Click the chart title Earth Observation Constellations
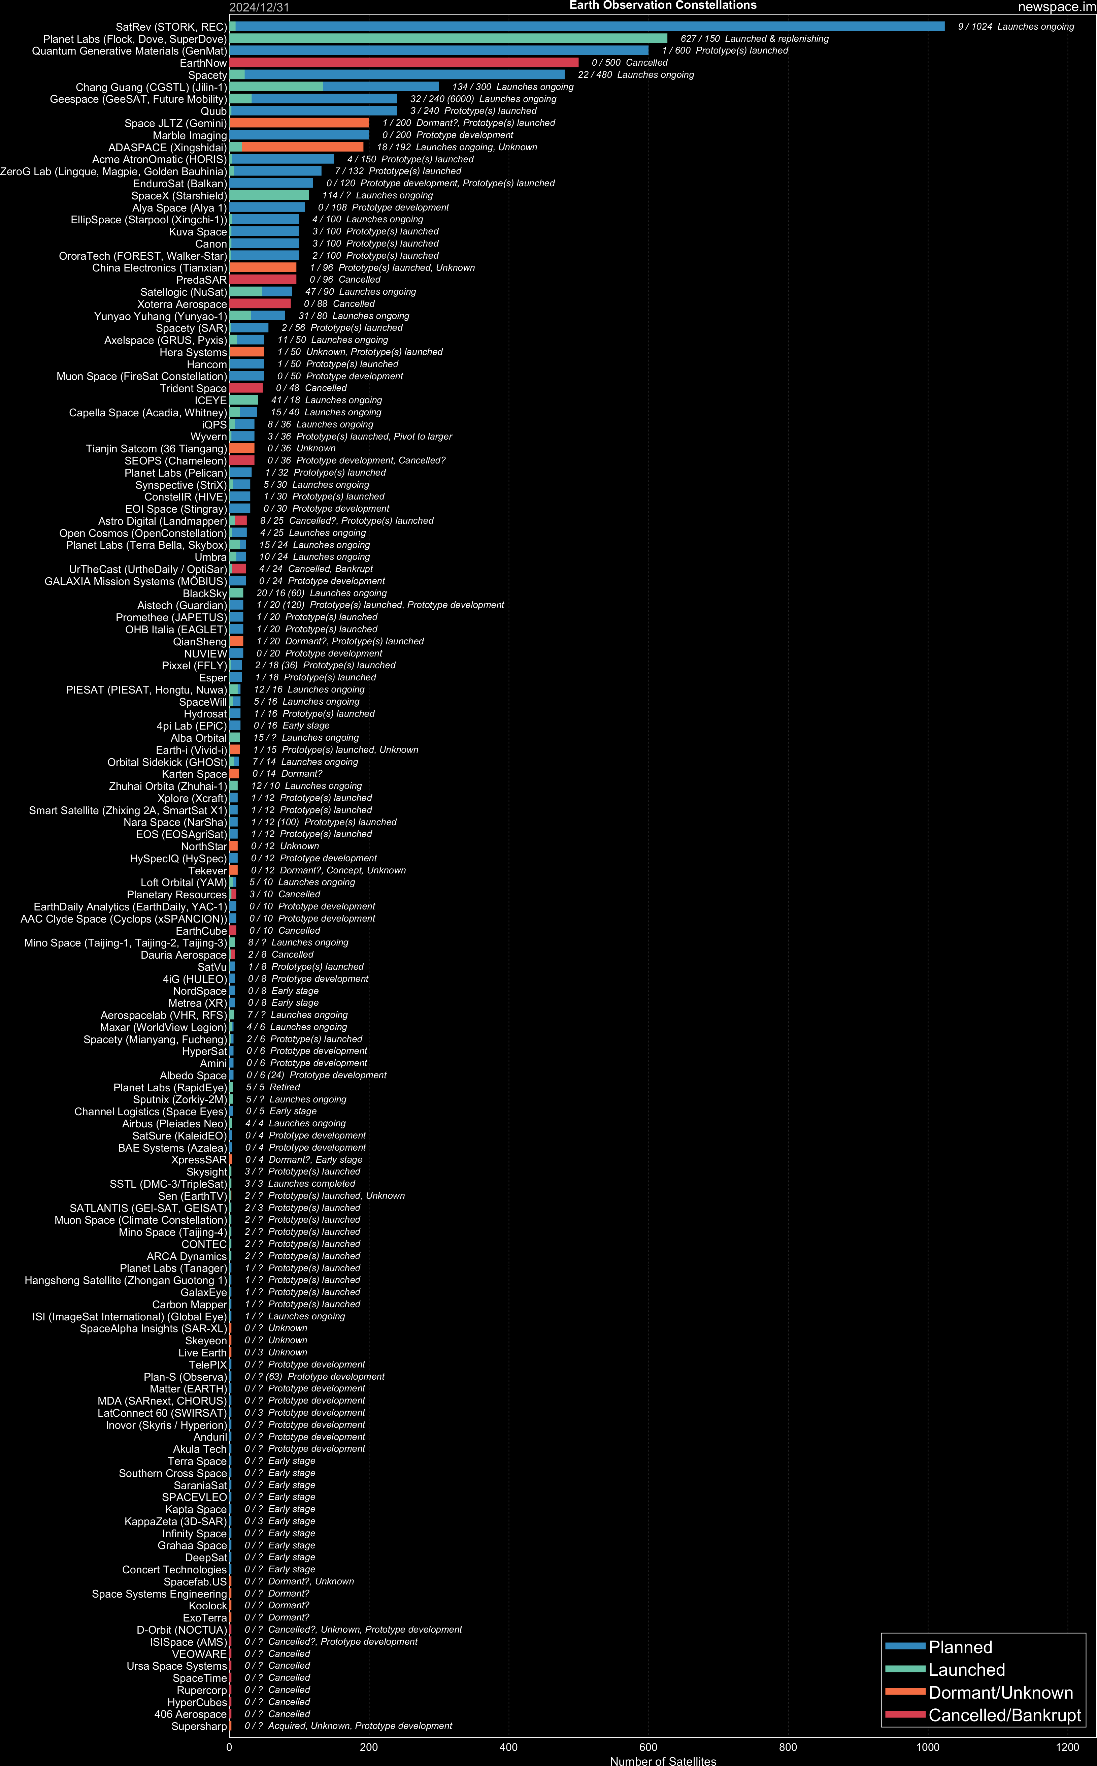point(662,6)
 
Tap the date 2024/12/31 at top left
point(259,7)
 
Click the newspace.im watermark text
point(1056,7)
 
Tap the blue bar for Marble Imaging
point(299,135)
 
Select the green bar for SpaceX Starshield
point(268,195)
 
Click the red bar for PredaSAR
point(263,279)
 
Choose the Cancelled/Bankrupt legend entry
point(1004,1715)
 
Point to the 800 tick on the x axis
point(788,1747)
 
